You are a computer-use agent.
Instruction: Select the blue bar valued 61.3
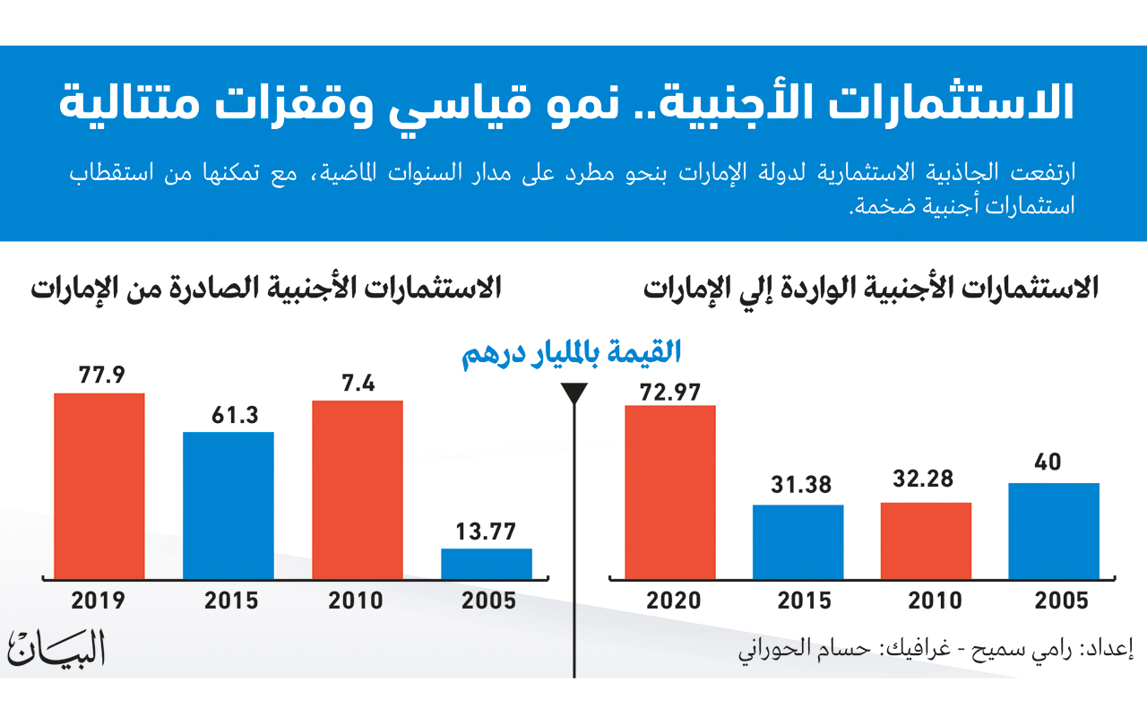[x=229, y=505]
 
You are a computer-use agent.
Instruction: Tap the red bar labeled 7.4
[x=358, y=489]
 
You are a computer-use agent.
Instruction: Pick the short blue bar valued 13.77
[x=487, y=564]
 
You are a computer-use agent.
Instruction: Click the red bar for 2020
[x=670, y=492]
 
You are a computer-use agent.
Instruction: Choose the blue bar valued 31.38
[x=798, y=541]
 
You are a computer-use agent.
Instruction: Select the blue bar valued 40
[x=1055, y=531]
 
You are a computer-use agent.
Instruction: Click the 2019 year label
[x=99, y=600]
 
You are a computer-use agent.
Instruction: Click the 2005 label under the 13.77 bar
[x=488, y=600]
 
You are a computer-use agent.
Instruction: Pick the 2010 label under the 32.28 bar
[x=927, y=600]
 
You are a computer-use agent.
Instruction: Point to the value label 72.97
[x=670, y=392]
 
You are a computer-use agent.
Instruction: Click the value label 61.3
[x=229, y=417]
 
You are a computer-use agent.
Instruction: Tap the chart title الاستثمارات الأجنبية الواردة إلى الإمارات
[x=871, y=289]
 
